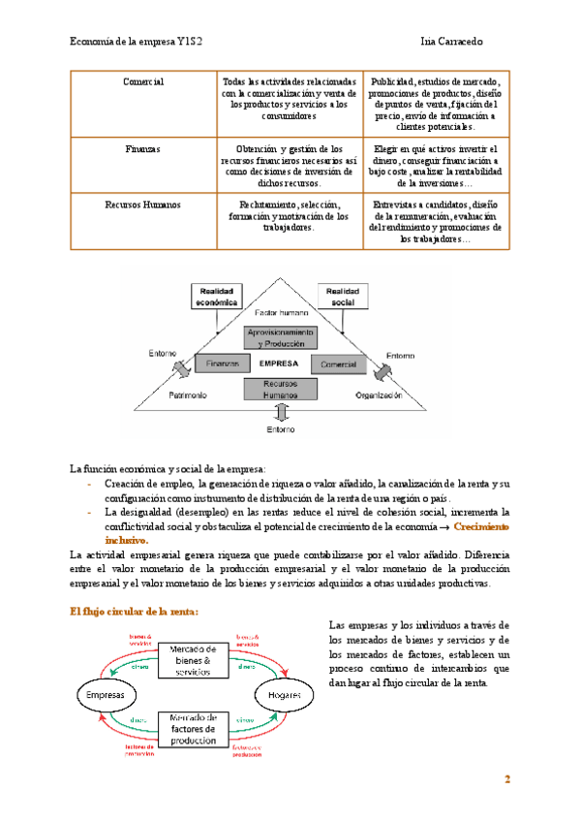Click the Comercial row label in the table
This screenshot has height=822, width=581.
pyautogui.click(x=143, y=82)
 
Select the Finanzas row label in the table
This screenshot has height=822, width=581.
pyautogui.click(x=143, y=150)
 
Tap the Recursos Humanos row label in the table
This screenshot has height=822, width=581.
pyautogui.click(x=143, y=205)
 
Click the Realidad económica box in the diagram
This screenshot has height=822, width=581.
pyautogui.click(x=219, y=296)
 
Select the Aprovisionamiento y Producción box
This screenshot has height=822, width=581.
pyautogui.click(x=281, y=338)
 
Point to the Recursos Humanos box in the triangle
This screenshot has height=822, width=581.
pyautogui.click(x=281, y=390)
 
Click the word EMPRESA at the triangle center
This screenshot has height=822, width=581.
pyautogui.click(x=280, y=364)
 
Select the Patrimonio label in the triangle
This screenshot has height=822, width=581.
pyautogui.click(x=188, y=396)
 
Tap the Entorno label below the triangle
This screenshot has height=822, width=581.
pyautogui.click(x=281, y=429)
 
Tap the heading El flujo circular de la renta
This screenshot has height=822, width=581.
pyautogui.click(x=135, y=612)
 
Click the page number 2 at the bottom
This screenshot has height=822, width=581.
pyautogui.click(x=505, y=781)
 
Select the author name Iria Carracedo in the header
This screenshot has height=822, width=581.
pyautogui.click(x=460, y=42)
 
